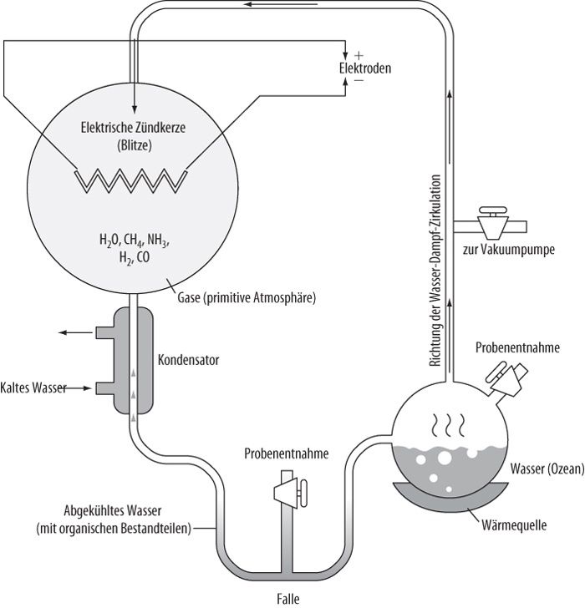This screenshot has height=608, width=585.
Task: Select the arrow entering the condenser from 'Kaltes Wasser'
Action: pos(80,388)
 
